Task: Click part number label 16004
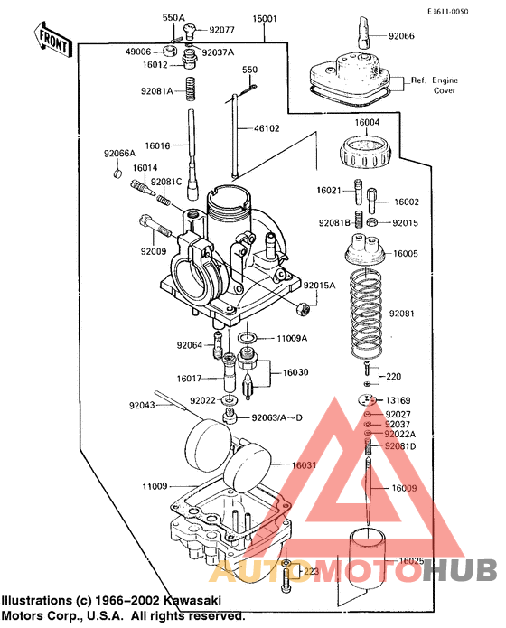point(367,123)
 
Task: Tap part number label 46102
point(267,128)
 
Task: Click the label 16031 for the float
point(305,464)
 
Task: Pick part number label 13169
point(400,399)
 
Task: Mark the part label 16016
point(157,145)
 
